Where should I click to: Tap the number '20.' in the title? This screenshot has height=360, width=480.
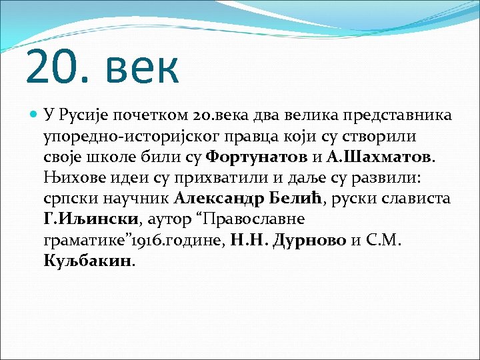pyautogui.click(x=61, y=68)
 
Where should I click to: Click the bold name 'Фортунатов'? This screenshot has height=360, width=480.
pyautogui.click(x=247, y=159)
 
